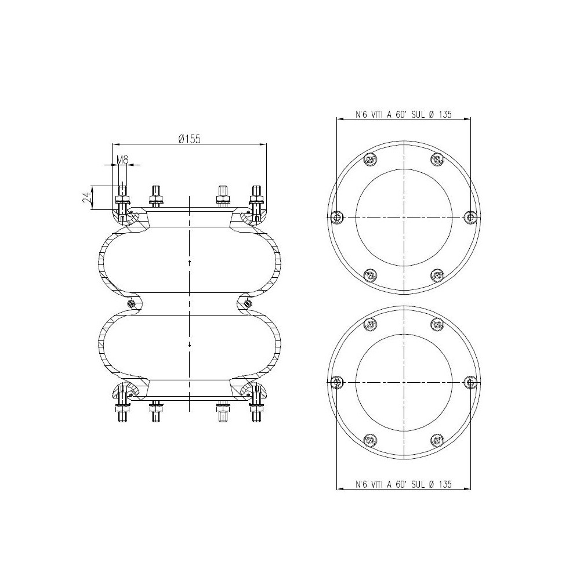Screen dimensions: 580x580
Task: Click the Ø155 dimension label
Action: [189, 138]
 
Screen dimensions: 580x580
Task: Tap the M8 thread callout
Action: [122, 159]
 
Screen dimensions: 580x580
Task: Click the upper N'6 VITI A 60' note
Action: [404, 114]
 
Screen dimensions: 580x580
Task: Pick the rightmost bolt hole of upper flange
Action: [471, 216]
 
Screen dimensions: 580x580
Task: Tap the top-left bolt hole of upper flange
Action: [370, 159]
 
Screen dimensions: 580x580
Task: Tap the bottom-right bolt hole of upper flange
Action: [437, 274]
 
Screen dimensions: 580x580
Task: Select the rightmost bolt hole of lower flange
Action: [471, 382]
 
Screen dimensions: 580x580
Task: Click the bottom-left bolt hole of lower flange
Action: [370, 440]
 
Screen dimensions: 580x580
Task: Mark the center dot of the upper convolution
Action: [190, 263]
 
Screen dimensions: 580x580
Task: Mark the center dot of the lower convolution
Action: [190, 345]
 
